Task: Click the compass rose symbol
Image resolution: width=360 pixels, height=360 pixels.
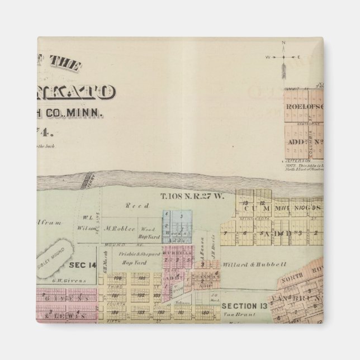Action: tap(283, 57)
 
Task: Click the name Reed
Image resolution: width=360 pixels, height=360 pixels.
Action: tap(133, 206)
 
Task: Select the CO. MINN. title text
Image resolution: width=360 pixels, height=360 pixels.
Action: tap(82, 113)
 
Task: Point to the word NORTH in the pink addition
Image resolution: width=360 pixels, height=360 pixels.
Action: tap(292, 282)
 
